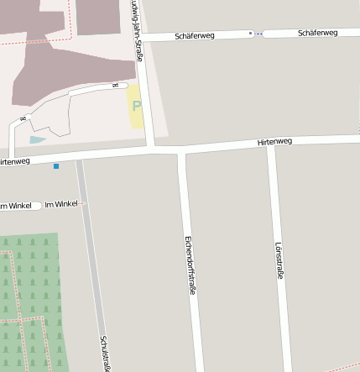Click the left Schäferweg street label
tap(196, 36)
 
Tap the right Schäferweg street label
tap(317, 33)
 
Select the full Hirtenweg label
tap(274, 142)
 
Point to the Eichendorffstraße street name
tap(190, 265)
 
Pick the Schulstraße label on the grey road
tap(106, 353)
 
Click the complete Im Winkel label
tap(61, 204)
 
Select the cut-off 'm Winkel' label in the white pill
tap(16, 206)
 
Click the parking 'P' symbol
tap(136, 108)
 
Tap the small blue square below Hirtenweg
tap(56, 166)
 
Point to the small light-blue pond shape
tap(38, 139)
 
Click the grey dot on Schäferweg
tap(249, 34)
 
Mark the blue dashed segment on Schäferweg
tap(258, 34)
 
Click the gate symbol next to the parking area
tap(115, 86)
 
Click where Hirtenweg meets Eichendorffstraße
tap(182, 151)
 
